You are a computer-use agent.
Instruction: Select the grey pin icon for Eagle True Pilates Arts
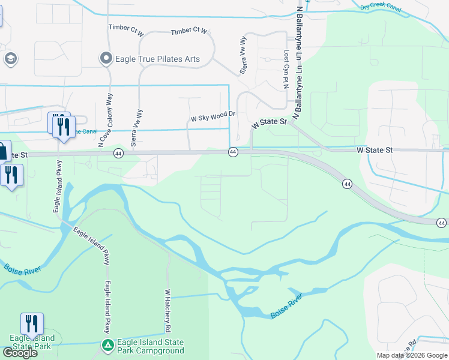pos(106,58)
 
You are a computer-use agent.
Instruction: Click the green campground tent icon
pos(107,346)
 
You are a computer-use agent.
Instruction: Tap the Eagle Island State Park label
pos(32,342)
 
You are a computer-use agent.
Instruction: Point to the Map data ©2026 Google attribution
pos(412,355)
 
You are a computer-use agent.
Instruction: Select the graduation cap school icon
pos(10,59)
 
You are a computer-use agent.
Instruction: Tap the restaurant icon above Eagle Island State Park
pos(32,323)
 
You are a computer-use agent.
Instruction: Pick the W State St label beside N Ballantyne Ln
pos(270,122)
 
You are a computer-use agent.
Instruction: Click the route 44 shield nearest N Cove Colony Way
pos(118,154)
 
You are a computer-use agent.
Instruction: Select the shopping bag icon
pos(3,151)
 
